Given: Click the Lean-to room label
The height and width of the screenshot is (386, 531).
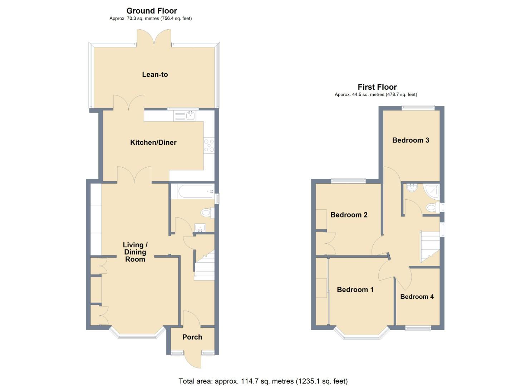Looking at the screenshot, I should pos(155,74).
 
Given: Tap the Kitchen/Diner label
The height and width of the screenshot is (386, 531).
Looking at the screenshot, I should pos(153,142).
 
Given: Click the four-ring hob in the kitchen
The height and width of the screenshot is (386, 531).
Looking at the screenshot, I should pos(209,146).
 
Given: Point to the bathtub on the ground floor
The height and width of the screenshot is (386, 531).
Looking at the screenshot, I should pos(192,192).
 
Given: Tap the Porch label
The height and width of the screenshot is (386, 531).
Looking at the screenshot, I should pos(192,337).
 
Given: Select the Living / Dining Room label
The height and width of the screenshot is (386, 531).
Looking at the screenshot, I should pos(135,252).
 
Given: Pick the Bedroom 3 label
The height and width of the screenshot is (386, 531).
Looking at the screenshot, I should pos(410,140).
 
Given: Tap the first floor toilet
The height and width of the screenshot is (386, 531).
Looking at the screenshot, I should pos(432,207).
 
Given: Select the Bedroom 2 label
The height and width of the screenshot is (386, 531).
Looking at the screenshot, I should pos(349,215).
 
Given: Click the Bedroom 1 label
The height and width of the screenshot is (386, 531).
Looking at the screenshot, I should pos(355,289).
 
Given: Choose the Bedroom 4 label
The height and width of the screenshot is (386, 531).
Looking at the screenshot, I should pos(417,297).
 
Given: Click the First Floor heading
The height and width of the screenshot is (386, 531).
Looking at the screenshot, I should pos(377,87).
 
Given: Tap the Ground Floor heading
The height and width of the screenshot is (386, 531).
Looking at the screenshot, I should pos(152,11).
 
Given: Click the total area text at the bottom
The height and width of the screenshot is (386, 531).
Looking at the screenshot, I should pos(263,381).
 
